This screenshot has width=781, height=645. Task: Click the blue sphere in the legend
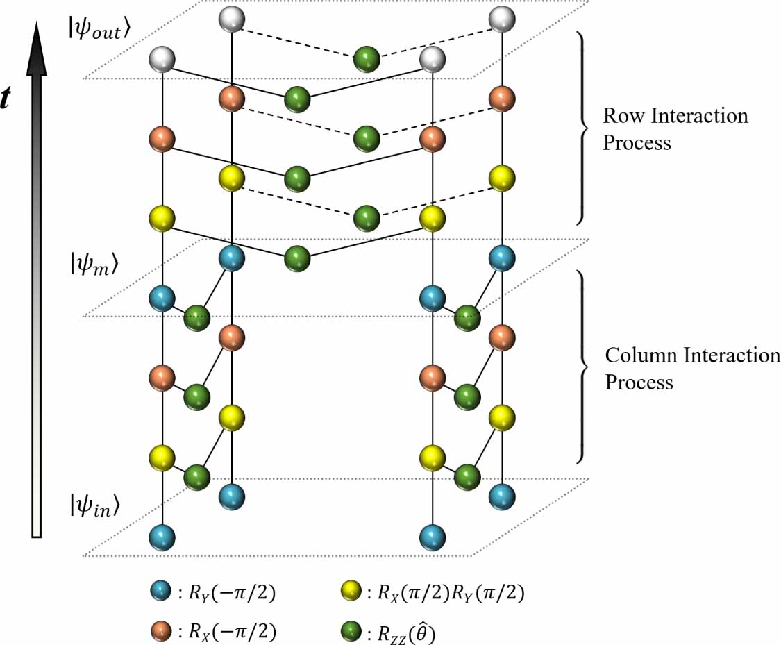162,592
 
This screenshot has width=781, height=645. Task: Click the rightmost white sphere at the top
501,19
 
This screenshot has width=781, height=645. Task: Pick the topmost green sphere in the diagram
366,60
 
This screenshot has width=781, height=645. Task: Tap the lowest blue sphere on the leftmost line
162,537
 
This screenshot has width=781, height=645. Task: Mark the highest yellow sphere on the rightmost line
501,178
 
